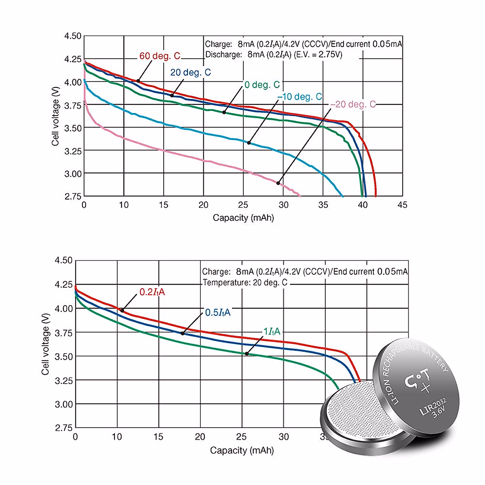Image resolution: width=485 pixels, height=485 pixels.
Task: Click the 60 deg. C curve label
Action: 160,56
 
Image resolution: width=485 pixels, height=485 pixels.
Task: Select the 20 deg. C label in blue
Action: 190,72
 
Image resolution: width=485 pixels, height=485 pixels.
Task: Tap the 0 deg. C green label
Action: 262,85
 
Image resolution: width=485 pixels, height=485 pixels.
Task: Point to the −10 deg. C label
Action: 299,97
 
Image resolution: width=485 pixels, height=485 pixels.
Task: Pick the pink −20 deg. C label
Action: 353,105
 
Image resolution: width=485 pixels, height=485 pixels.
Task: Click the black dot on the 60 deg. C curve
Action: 138,81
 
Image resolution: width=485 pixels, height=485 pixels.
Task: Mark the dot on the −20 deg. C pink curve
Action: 278,183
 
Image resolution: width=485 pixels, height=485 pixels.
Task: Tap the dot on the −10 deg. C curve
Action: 249,143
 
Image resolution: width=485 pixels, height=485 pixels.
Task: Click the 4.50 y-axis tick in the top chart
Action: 73,36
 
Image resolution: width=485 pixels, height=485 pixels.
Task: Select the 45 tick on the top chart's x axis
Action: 402,205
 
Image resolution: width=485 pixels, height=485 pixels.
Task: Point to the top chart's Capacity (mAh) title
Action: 243,218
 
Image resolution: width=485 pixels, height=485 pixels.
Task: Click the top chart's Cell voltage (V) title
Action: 55,116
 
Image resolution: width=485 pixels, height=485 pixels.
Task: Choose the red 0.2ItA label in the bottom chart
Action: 152,292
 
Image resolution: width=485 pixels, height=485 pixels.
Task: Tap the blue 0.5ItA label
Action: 218,312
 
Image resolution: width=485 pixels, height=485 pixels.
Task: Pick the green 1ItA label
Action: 272,332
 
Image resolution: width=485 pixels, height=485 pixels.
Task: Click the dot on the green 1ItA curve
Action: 247,354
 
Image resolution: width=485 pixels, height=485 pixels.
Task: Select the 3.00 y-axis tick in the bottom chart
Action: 63,404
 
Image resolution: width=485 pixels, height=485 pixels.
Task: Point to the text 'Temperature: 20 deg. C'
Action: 245,283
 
